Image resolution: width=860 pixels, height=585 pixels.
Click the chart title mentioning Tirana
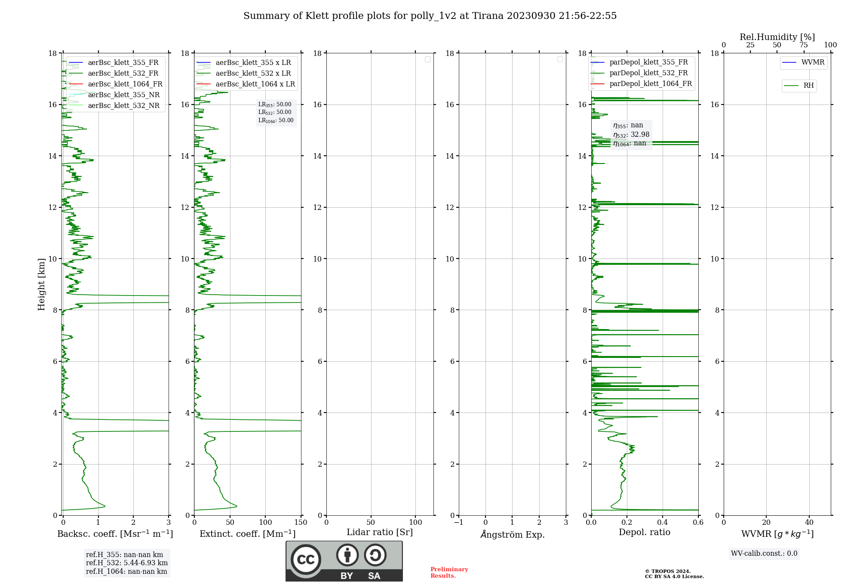point(430,16)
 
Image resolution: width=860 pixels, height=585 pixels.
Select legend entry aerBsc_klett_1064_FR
point(125,84)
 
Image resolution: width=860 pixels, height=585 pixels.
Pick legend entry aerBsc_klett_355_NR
point(123,95)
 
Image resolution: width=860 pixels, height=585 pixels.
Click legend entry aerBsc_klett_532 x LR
point(253,74)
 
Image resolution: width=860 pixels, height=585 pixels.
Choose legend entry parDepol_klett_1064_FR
point(651,84)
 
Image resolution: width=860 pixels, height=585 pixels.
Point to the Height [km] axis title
point(41,284)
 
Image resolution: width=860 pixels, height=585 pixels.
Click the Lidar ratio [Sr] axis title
point(380,533)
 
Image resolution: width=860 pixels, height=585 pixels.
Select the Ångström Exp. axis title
point(513,535)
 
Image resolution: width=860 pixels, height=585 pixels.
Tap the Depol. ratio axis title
point(645,533)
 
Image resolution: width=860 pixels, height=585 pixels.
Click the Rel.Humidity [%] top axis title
point(777,37)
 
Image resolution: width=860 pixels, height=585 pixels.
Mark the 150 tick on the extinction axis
point(301,523)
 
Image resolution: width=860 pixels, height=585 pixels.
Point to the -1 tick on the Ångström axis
point(459,523)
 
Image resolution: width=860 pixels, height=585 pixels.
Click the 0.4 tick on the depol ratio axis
point(663,523)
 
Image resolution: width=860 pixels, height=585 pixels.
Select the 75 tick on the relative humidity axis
point(804,45)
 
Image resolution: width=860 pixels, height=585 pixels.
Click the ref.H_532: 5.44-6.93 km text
point(127,563)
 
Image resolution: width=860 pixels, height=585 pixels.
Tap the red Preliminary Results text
point(449,573)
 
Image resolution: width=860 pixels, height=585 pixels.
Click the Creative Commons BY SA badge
point(344,561)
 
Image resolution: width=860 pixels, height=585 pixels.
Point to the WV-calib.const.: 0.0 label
point(764,554)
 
